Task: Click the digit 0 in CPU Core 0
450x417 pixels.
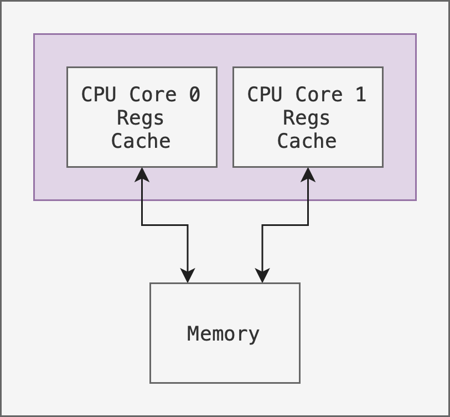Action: click(x=194, y=95)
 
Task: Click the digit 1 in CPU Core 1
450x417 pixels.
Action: click(x=360, y=95)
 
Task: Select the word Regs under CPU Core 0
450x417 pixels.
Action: click(x=141, y=118)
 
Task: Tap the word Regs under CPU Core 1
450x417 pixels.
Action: click(x=307, y=118)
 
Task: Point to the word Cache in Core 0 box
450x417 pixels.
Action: click(x=141, y=141)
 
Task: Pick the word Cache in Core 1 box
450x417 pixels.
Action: click(x=307, y=141)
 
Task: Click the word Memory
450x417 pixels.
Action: click(x=224, y=334)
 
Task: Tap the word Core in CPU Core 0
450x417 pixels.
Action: click(x=153, y=95)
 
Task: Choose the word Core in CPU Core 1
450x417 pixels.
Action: click(x=319, y=95)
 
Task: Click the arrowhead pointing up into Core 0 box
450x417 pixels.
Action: click(x=142, y=174)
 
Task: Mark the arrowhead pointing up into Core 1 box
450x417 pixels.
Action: click(x=308, y=174)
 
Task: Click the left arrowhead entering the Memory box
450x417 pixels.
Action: click(x=188, y=276)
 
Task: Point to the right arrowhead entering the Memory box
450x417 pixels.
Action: click(x=262, y=276)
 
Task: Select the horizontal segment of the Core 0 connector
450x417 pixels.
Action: click(x=165, y=225)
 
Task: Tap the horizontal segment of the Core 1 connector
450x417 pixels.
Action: click(x=285, y=225)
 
